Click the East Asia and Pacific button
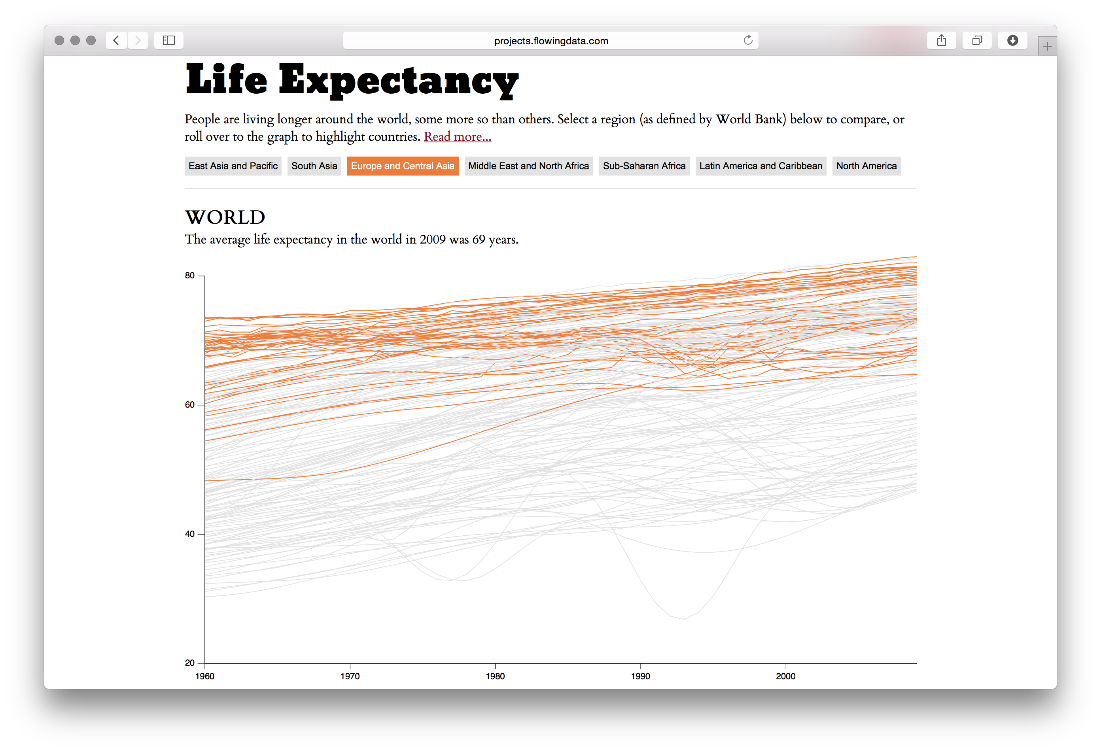233,166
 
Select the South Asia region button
314,166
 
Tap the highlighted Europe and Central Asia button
402,166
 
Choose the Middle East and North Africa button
528,166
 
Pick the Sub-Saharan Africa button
644,166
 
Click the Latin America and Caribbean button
760,166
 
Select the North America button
866,166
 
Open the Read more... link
457,136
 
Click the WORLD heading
225,217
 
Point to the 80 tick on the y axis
190,276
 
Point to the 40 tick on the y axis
190,534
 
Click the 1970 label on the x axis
350,676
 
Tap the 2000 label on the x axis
785,676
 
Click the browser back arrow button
116,40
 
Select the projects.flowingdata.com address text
550,41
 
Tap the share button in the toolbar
941,40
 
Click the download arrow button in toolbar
1012,40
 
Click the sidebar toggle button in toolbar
168,40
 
